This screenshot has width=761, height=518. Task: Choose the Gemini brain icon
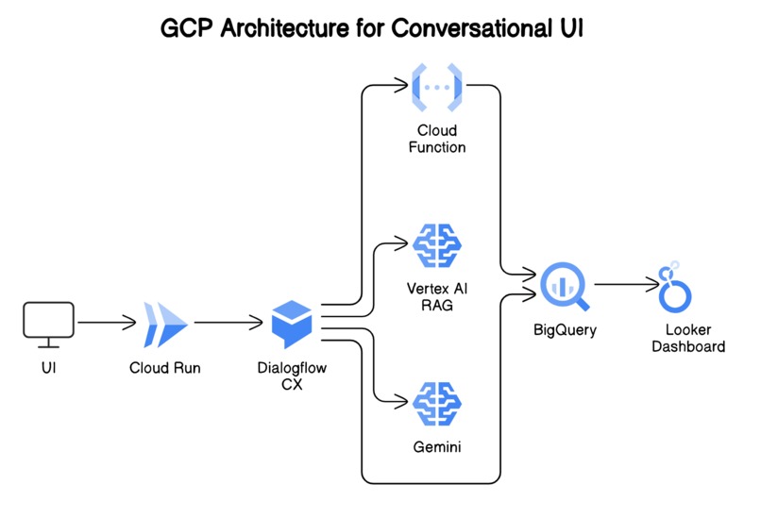pos(437,405)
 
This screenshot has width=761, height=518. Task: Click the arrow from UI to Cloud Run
pos(107,324)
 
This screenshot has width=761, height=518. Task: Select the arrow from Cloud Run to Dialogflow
pos(228,324)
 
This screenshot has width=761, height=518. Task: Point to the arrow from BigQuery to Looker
pos(626,284)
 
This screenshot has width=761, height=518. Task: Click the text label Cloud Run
pos(165,368)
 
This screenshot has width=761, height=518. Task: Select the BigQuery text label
pos(565,330)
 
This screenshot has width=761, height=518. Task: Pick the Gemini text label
pos(437,445)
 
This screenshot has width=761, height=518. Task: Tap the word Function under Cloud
pos(437,147)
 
